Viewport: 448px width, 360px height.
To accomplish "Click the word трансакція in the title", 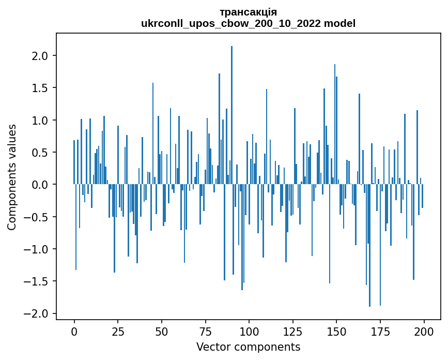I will click(x=248, y=12).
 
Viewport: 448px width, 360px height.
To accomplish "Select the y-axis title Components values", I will click(x=12, y=177).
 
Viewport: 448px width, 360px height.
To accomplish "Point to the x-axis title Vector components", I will click(x=248, y=347).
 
